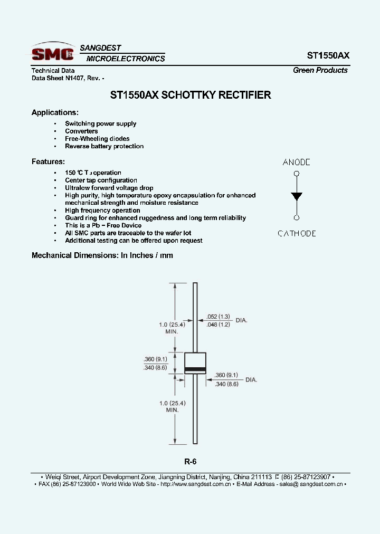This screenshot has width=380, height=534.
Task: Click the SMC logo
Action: (52, 53)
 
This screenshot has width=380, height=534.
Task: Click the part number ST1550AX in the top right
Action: (327, 55)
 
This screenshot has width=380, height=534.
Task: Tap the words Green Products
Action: (320, 70)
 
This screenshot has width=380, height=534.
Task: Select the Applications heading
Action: (55, 112)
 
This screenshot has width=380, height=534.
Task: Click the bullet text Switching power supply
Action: (100, 124)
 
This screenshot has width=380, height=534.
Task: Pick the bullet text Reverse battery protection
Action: (104, 146)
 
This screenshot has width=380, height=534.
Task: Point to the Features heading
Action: (48, 161)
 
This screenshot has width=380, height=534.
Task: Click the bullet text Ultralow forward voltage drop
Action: (109, 188)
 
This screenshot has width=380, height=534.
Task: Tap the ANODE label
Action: (297, 163)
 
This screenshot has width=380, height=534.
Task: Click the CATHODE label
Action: (297, 233)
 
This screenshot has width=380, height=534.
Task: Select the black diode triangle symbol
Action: (297, 196)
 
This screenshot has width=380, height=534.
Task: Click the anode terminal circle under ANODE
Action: (297, 173)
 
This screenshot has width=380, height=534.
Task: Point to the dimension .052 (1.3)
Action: (218, 317)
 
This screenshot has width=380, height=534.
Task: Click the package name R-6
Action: (190, 461)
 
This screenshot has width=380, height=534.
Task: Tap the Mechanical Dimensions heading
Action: (102, 255)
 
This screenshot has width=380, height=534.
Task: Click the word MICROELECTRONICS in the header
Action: (126, 59)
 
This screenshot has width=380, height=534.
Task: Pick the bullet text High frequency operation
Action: (102, 211)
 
